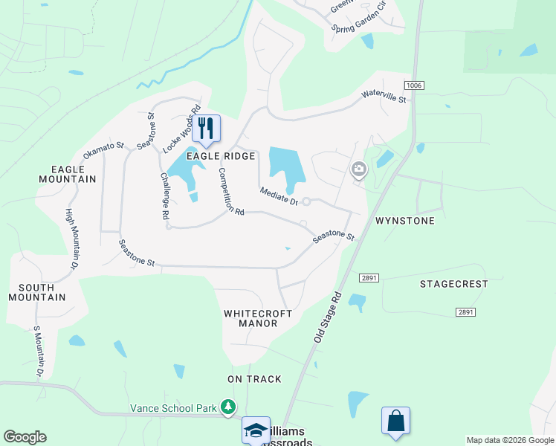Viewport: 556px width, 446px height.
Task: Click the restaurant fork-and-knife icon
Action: [x=206, y=129]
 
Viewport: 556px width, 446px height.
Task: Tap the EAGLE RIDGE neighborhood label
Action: [x=221, y=156]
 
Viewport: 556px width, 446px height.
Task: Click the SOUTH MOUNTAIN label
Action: [x=37, y=292]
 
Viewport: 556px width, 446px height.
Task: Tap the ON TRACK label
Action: [x=254, y=379]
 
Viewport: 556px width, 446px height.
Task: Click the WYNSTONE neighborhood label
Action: [x=404, y=221]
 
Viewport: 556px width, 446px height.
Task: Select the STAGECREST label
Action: [x=453, y=284]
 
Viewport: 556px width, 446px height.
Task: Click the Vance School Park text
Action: [x=172, y=407]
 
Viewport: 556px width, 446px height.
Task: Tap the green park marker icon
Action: [x=228, y=407]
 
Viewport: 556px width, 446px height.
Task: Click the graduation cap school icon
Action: [x=256, y=430]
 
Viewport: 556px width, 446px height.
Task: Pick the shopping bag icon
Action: [x=395, y=421]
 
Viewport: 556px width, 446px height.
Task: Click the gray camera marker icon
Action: [x=358, y=170]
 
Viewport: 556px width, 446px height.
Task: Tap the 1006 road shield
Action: [x=414, y=86]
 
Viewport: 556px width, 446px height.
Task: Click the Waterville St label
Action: [x=384, y=96]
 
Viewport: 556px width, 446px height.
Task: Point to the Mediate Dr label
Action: [x=279, y=197]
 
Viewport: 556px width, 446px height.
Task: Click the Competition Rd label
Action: [x=230, y=191]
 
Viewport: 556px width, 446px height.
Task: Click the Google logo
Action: [x=25, y=437]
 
